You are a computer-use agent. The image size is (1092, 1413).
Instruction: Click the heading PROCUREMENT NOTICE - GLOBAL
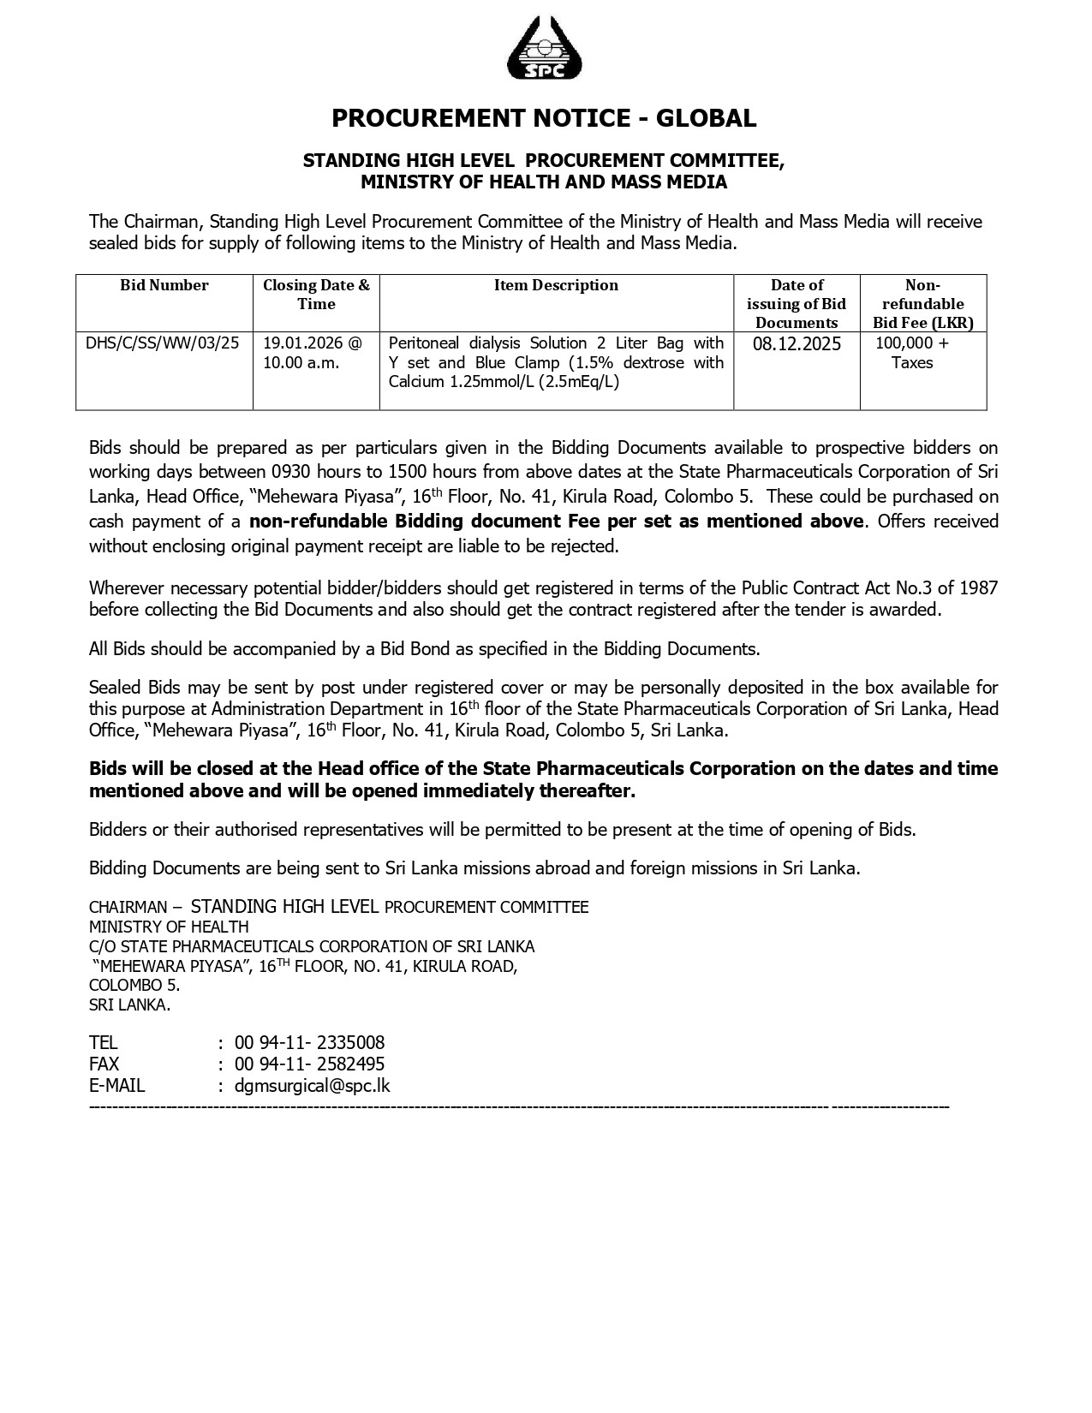[544, 118]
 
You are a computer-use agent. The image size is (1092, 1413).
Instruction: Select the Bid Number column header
[164, 285]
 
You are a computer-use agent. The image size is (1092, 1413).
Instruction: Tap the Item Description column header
[556, 285]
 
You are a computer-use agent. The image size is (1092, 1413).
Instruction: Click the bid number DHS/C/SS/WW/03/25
[163, 343]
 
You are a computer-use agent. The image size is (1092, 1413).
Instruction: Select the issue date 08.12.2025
[797, 344]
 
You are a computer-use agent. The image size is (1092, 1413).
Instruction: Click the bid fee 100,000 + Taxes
[912, 353]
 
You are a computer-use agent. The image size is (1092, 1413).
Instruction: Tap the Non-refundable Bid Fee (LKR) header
[922, 304]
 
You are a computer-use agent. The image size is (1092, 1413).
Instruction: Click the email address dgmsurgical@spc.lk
[312, 1086]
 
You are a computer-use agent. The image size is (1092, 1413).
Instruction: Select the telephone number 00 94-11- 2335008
[309, 1043]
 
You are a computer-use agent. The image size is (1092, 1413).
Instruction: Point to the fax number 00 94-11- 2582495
[309, 1064]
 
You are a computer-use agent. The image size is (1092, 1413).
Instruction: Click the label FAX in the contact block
[104, 1064]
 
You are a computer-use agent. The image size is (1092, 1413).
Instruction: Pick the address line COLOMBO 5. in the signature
[134, 986]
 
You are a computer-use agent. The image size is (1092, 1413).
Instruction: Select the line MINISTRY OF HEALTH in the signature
[169, 927]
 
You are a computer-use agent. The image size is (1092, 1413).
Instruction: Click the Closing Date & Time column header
[316, 295]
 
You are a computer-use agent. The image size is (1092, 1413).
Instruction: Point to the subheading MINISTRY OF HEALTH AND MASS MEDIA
[544, 182]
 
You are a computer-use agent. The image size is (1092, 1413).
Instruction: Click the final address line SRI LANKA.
[129, 1005]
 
